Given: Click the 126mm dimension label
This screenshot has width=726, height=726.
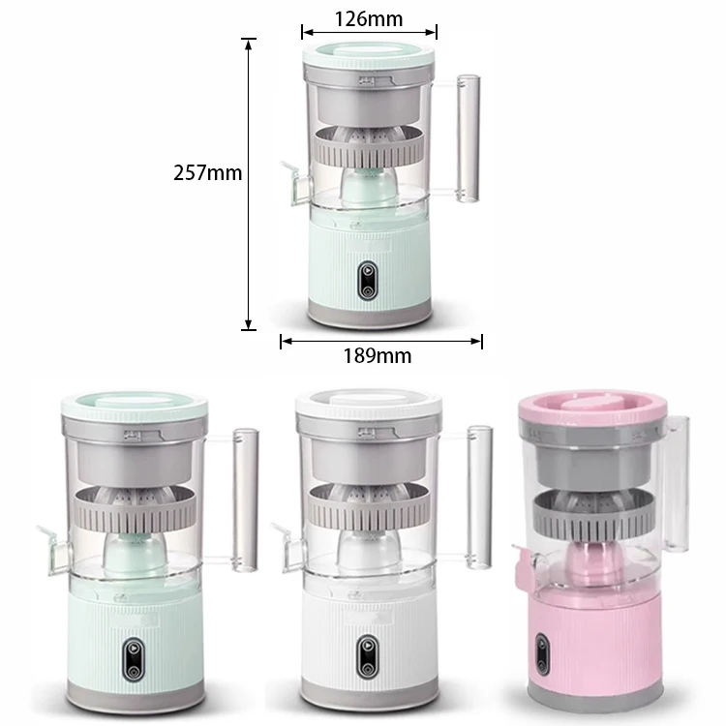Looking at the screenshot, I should (368, 17).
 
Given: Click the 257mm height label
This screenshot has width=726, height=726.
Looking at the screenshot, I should (207, 174).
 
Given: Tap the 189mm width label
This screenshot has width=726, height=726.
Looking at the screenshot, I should (377, 355).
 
